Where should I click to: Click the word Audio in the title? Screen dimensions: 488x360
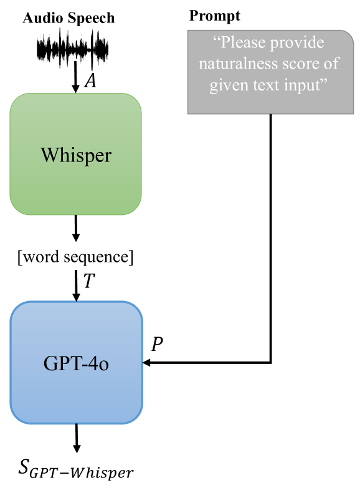point(42,18)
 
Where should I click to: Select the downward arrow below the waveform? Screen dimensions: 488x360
point(76,77)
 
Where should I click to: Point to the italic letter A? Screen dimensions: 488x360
point(90,81)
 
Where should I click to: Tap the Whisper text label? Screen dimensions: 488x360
point(76,155)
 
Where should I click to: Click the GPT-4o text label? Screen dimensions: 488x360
point(76,363)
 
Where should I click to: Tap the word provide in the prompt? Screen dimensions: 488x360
point(300,44)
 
